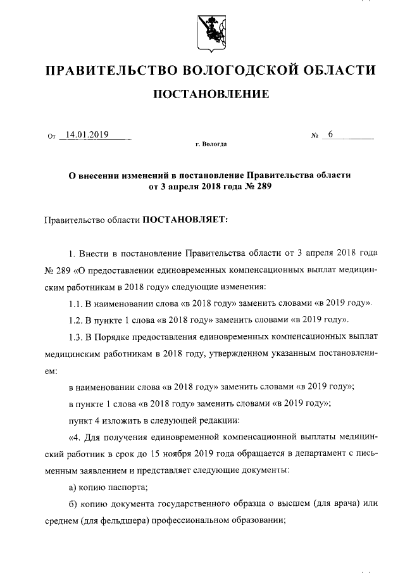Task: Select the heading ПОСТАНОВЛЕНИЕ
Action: (x=211, y=94)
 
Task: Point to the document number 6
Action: (x=330, y=134)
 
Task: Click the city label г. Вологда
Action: (x=211, y=145)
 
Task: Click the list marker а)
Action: (x=73, y=486)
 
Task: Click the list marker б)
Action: (x=73, y=504)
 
